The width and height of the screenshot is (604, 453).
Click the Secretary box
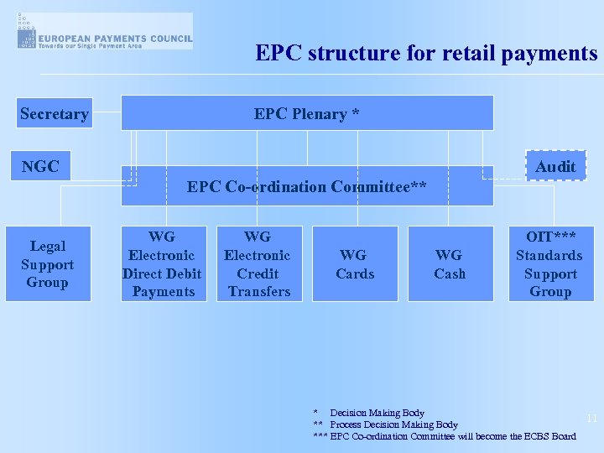click(x=54, y=114)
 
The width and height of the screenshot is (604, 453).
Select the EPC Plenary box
click(x=307, y=113)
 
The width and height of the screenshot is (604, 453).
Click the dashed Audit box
click(x=555, y=166)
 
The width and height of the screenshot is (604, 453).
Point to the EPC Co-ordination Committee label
click(x=307, y=186)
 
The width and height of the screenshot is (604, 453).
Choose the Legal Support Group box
click(x=48, y=264)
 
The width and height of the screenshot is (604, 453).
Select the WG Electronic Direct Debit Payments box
click(x=163, y=264)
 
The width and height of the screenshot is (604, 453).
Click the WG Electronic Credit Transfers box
click(x=258, y=264)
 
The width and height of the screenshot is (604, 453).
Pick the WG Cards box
click(x=355, y=264)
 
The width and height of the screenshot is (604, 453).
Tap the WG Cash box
click(x=450, y=264)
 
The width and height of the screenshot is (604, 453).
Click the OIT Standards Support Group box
click(x=549, y=264)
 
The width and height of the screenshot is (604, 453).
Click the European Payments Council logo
click(x=104, y=31)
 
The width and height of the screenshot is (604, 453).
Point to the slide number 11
click(x=591, y=418)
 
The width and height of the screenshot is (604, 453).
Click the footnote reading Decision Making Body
click(x=377, y=413)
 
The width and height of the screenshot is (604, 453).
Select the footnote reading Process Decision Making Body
click(x=393, y=424)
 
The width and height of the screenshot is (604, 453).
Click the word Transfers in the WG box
click(x=258, y=292)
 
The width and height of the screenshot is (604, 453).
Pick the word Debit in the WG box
click(x=183, y=273)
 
